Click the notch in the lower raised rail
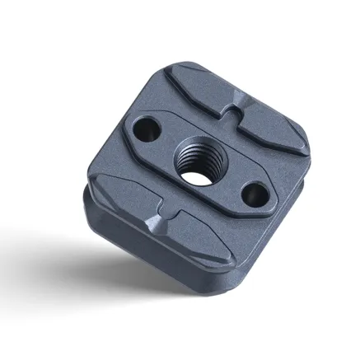(163, 220)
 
